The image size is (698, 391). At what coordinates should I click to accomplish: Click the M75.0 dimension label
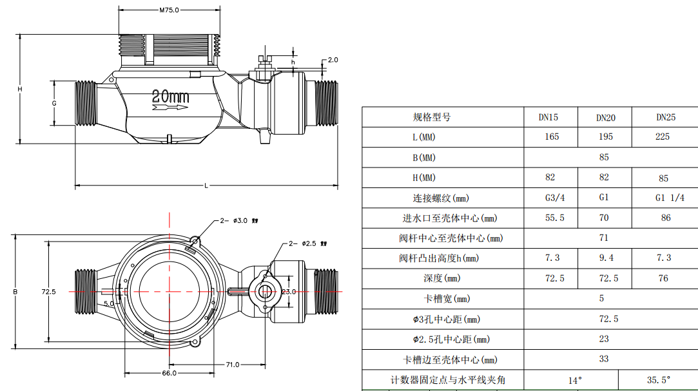(168, 10)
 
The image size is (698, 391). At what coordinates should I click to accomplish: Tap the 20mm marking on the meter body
(171, 97)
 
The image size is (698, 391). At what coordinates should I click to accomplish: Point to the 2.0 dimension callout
(333, 60)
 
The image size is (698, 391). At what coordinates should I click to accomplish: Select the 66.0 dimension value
(169, 373)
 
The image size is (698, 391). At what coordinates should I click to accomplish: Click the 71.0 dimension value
(233, 365)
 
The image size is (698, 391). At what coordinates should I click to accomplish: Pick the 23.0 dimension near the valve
(288, 292)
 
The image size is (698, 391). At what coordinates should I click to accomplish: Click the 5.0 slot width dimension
(108, 303)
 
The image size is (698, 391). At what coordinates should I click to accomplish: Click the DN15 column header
(548, 117)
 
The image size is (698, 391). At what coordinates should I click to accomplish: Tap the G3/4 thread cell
(554, 198)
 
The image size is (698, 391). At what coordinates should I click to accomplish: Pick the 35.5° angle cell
(658, 379)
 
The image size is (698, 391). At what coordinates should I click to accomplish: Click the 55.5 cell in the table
(554, 218)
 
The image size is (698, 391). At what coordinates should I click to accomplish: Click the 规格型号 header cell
(431, 117)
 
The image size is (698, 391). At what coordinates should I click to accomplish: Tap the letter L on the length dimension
(206, 186)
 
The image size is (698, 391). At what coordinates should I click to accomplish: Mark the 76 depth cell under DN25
(663, 278)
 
